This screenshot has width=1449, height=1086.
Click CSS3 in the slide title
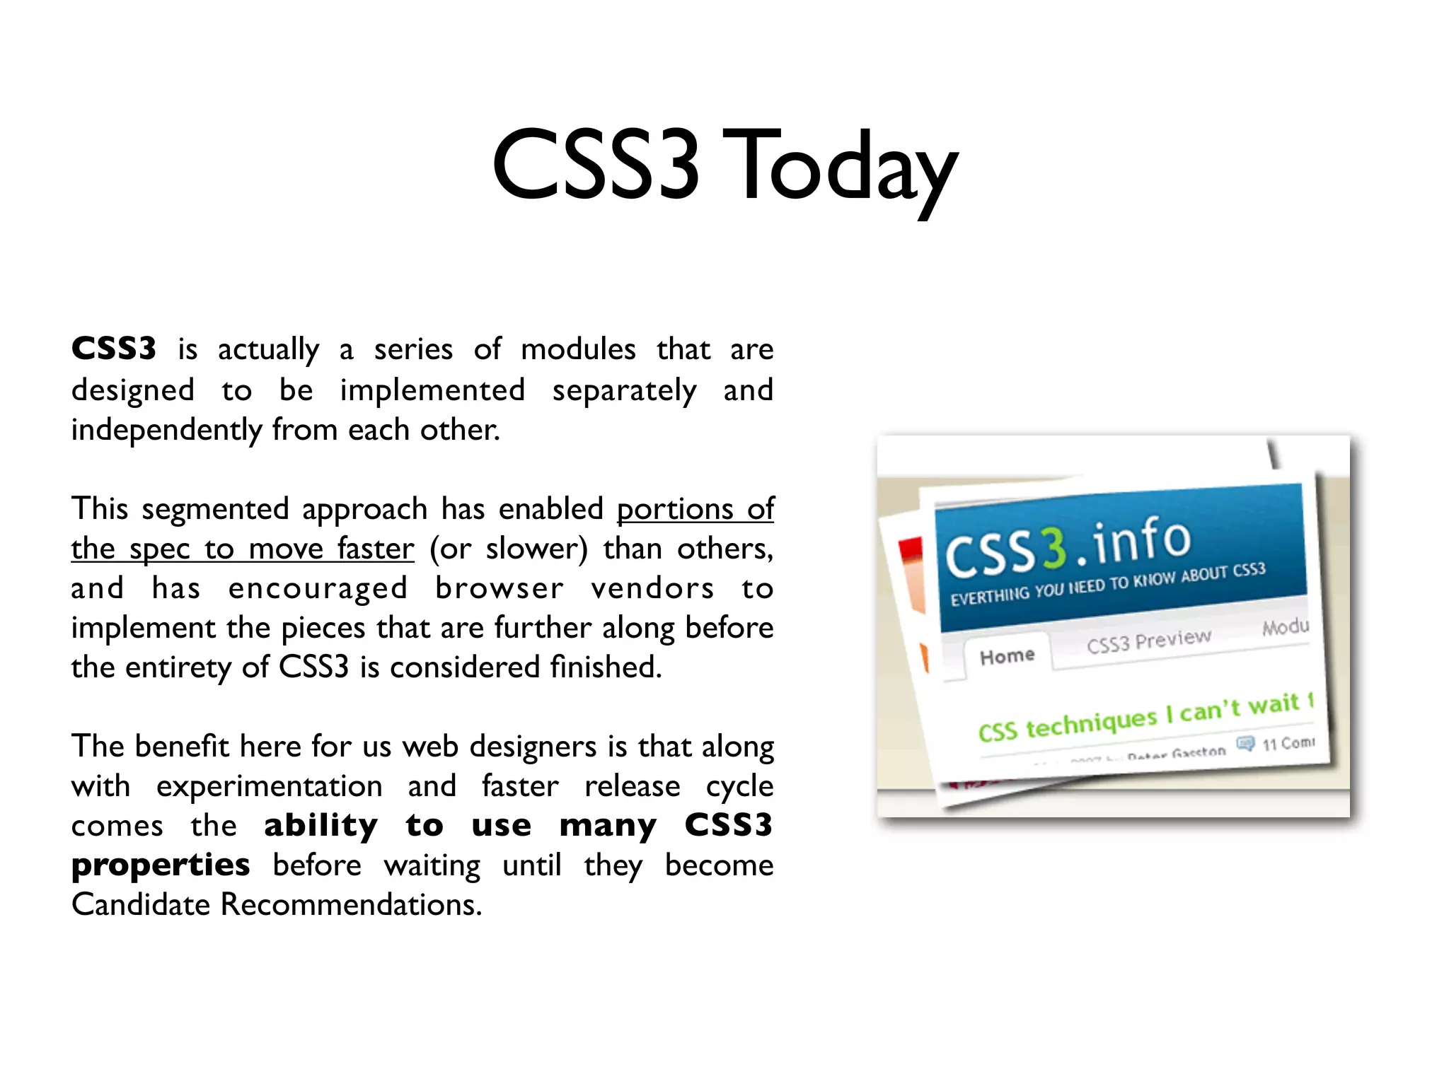pos(596,165)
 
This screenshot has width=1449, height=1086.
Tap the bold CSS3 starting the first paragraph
pos(114,349)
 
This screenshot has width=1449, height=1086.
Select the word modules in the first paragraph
pos(578,349)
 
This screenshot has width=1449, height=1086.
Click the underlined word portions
pos(675,509)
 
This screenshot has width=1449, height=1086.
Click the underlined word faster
pos(376,549)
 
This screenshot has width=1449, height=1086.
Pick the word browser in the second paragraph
pos(500,588)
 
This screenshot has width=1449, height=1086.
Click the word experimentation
pos(270,786)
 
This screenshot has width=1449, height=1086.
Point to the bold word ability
pos(321,825)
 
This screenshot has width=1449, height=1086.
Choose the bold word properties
pos(161,865)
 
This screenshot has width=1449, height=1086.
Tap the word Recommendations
pos(351,904)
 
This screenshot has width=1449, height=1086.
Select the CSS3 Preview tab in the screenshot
pos(1149,641)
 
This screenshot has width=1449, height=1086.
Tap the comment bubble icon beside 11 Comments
pos(1245,744)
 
